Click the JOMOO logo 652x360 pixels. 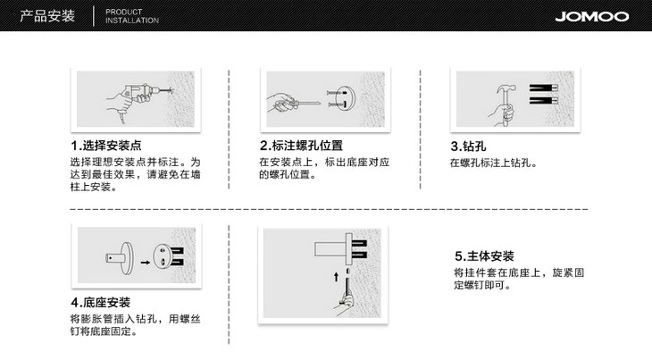tap(591, 16)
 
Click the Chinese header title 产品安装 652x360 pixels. tap(47, 16)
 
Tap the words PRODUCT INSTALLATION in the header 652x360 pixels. tap(132, 16)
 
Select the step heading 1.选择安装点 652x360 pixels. tap(106, 146)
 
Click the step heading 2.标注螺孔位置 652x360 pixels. tap(302, 146)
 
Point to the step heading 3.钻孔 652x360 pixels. tap(468, 147)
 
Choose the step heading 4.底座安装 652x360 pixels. tap(101, 302)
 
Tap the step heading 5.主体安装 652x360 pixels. tap(484, 256)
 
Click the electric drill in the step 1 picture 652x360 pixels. tap(139, 95)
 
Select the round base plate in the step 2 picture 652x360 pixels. tap(345, 97)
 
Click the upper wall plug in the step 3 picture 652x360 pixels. tap(543, 88)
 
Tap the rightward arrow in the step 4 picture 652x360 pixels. tap(145, 263)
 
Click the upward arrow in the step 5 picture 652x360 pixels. tap(336, 277)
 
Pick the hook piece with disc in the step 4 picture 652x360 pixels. tap(120, 258)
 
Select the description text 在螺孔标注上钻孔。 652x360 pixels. tap(494, 163)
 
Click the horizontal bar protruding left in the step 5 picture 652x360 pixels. tap(330, 248)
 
